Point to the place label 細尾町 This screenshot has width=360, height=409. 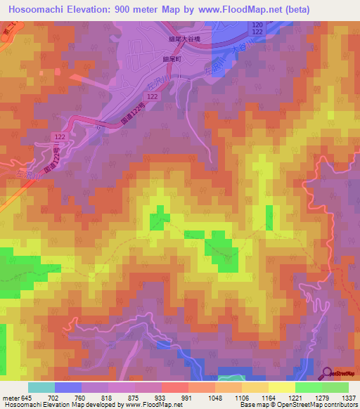pyautogui.click(x=172, y=60)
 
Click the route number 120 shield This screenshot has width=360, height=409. pyautogui.click(x=258, y=24)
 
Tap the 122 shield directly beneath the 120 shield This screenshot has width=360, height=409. pyautogui.click(x=258, y=32)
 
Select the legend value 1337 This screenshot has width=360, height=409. pyautogui.click(x=348, y=397)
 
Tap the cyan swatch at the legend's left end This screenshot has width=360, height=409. pyautogui.click(x=41, y=387)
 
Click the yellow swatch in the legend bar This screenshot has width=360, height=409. pyautogui.click(x=281, y=387)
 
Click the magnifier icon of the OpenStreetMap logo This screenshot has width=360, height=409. pyautogui.click(x=326, y=373)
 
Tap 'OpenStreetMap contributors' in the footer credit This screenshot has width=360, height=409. pyautogui.click(x=317, y=405)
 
